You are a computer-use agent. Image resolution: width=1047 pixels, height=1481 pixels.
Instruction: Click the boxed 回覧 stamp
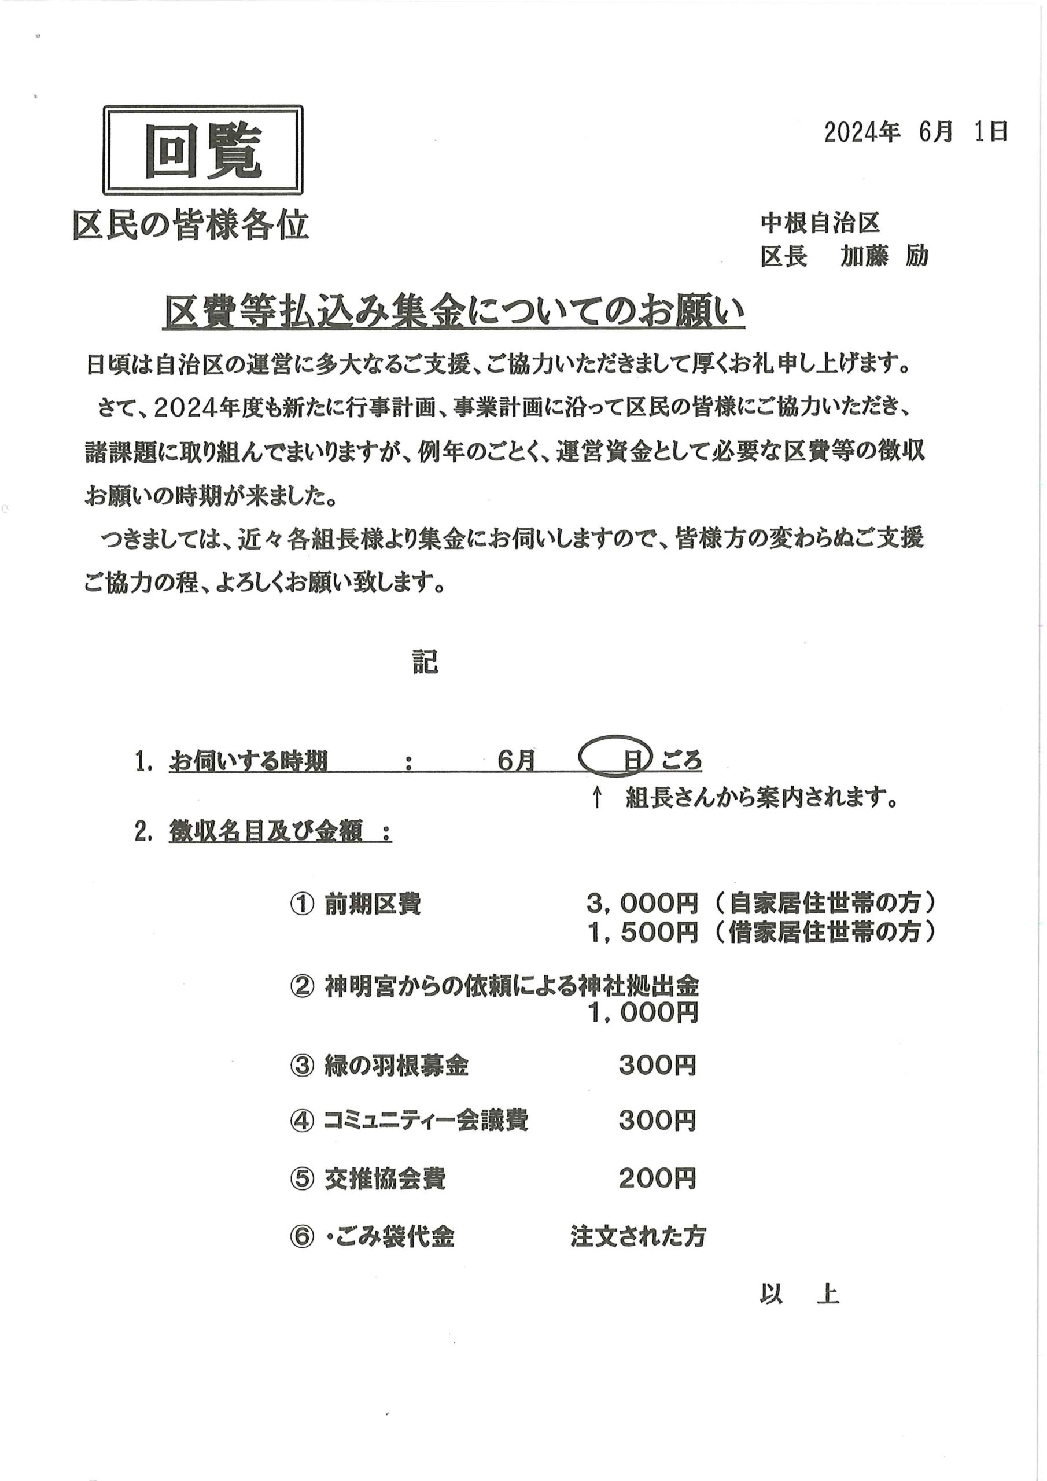pos(202,150)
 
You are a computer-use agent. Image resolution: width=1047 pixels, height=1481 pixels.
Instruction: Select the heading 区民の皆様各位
pos(191,226)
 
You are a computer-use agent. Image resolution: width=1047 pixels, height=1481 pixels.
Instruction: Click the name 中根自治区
pos(819,223)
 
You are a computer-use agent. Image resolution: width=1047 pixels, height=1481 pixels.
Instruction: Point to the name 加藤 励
pos(884,257)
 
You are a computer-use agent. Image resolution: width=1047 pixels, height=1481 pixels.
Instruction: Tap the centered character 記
pos(425,662)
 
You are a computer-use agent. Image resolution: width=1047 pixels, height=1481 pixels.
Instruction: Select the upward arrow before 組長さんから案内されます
pos(598,798)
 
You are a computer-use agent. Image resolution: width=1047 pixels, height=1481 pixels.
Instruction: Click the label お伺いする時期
pos(248,762)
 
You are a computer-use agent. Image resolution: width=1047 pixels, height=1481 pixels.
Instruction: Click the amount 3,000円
pos(643,904)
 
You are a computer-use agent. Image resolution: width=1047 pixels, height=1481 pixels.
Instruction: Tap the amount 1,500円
pos(643,932)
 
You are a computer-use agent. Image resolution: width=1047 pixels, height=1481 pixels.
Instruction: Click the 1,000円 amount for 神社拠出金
pos(643,1013)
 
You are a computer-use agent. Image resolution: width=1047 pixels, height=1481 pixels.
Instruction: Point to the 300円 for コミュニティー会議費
pos(657,1121)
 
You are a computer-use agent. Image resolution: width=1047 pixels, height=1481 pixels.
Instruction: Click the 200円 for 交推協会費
pos(657,1178)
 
